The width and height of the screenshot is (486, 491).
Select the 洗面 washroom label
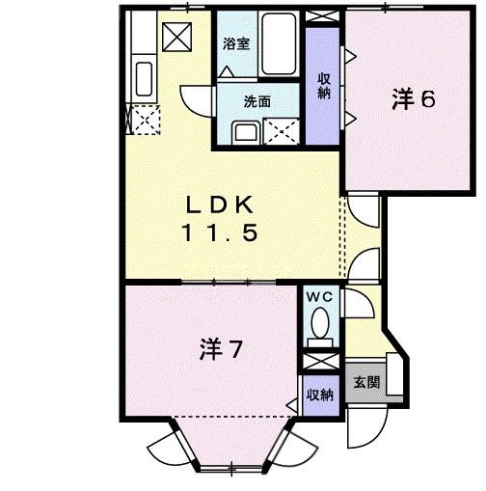[256, 99]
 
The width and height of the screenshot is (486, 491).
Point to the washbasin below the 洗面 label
[246, 130]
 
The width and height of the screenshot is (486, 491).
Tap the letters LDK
[220, 205]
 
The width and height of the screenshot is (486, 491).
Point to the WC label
[318, 298]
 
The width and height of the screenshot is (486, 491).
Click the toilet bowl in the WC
[319, 326]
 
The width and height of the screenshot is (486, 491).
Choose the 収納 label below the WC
[319, 395]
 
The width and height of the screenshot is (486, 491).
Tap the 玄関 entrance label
[364, 382]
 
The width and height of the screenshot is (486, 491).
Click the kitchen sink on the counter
[143, 76]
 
